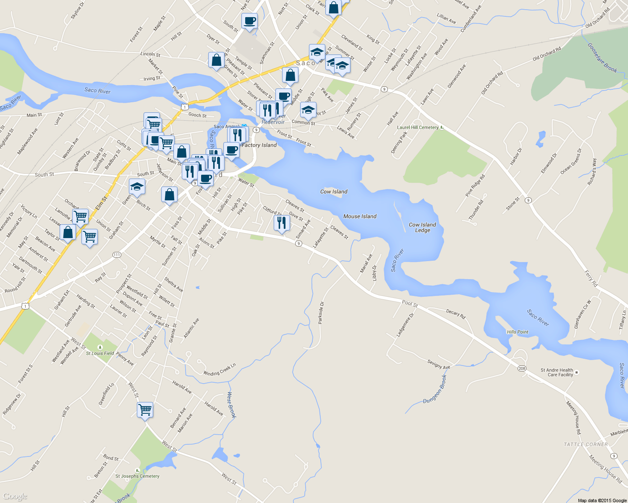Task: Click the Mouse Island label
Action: tap(360, 216)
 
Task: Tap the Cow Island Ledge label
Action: tap(422, 228)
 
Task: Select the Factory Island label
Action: tap(259, 145)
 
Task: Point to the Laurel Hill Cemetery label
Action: tap(418, 127)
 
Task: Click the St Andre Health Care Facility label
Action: tap(557, 372)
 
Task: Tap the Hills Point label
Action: tap(518, 332)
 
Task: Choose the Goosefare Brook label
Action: tap(602, 58)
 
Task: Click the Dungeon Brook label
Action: tap(435, 390)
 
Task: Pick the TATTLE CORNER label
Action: tap(586, 444)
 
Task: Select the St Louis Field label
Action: tap(100, 353)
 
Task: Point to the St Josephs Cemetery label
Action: tap(137, 476)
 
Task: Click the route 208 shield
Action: tap(522, 368)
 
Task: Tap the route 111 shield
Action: tap(117, 255)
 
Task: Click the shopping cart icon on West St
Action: tap(145, 409)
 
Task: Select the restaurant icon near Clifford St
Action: tap(282, 222)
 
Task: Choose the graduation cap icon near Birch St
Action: tap(137, 186)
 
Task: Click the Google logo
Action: tap(15, 496)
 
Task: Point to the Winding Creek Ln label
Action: tap(220, 370)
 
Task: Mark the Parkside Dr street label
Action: tap(321, 313)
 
